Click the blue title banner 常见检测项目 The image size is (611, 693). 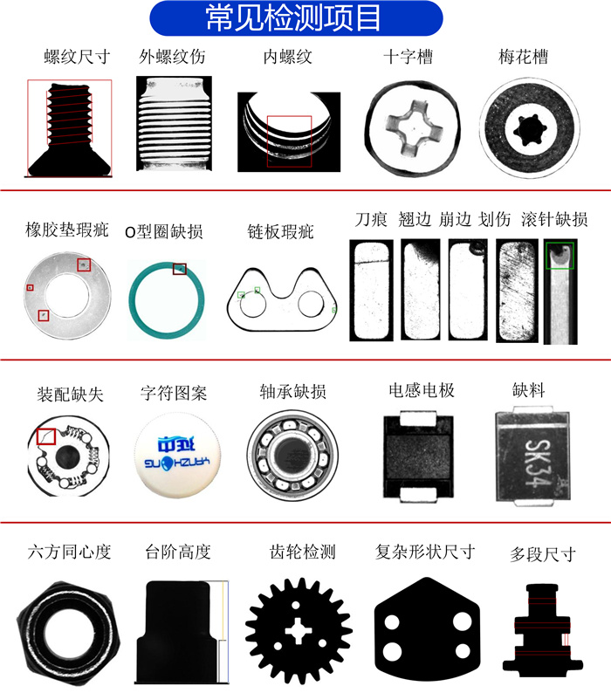[x=296, y=18]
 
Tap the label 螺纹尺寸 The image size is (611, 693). [x=77, y=57]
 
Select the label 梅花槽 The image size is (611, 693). [x=524, y=57]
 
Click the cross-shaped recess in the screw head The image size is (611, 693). [x=415, y=128]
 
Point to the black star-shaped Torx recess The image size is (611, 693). [x=529, y=130]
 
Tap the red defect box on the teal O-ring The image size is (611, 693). [x=180, y=269]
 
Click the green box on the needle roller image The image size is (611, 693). [x=560, y=256]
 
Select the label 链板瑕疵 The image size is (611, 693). [x=280, y=231]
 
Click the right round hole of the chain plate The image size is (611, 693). [x=312, y=304]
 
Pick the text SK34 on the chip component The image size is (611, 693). [x=538, y=463]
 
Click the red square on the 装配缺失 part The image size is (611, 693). [x=46, y=436]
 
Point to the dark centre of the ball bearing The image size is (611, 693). [x=292, y=456]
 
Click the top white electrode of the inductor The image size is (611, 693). [x=418, y=418]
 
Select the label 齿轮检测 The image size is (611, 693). [x=303, y=552]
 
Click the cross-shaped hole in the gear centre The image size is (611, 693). [x=299, y=631]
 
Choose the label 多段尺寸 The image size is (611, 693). [x=543, y=554]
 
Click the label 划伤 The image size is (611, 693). [x=495, y=219]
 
